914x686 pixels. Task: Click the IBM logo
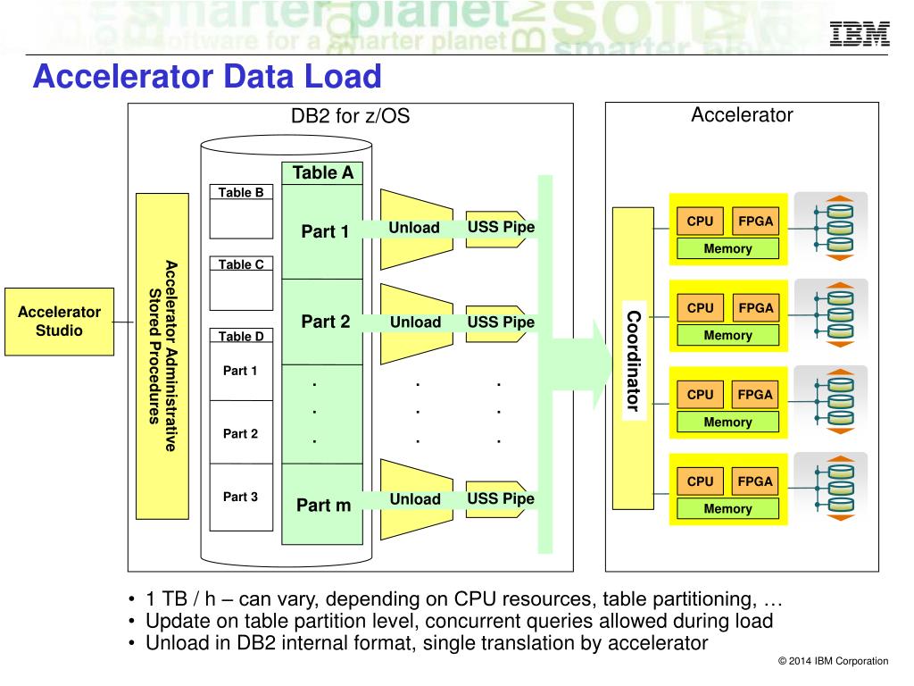tap(860, 33)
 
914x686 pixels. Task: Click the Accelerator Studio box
tap(60, 322)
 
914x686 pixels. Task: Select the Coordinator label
tap(634, 361)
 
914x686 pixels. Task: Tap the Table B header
tap(241, 192)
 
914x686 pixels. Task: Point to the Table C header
tap(241, 264)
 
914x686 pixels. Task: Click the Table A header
tap(322, 172)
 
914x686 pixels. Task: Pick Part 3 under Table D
tap(240, 497)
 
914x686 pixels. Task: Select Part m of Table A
tap(323, 505)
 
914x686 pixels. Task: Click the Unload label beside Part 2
tap(415, 322)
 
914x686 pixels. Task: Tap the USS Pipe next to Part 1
tap(501, 227)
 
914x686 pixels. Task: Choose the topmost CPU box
tap(700, 222)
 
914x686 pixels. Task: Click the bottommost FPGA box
tap(755, 481)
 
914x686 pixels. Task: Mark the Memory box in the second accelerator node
tap(727, 336)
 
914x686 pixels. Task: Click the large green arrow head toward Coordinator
tap(602, 364)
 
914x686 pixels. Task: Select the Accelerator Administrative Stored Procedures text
tap(162, 356)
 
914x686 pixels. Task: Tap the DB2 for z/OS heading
tap(350, 115)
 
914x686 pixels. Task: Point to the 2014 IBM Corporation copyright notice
tap(833, 661)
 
